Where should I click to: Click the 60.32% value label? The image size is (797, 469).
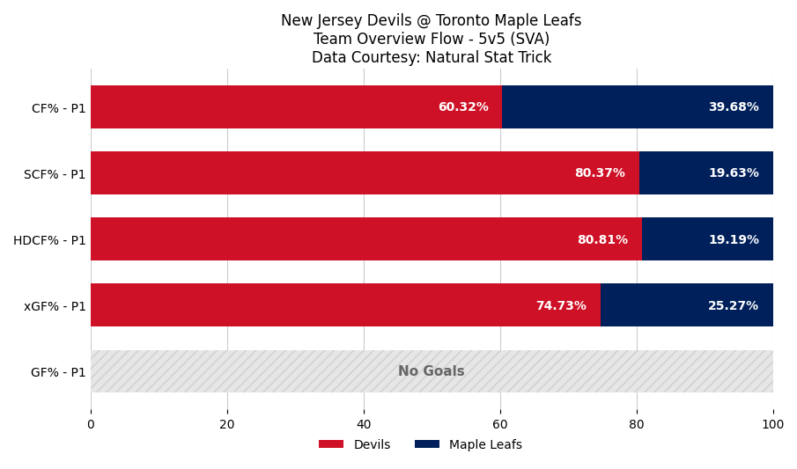(462, 107)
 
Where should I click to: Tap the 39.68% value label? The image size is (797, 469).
(733, 107)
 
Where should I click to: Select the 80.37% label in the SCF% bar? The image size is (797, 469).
(599, 173)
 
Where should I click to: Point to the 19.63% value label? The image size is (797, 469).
(733, 173)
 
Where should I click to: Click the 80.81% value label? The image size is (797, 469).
(601, 240)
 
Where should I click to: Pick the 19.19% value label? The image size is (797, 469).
(733, 240)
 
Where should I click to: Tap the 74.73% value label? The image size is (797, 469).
(560, 306)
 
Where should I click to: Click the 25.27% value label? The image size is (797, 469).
(733, 306)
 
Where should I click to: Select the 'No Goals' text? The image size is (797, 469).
(431, 371)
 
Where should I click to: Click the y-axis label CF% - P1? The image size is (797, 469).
(58, 108)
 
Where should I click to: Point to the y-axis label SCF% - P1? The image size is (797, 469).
(55, 174)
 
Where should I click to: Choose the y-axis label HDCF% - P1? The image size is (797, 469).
(49, 240)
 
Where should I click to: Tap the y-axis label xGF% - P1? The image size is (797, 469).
(55, 306)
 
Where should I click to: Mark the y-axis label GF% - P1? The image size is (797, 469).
(58, 372)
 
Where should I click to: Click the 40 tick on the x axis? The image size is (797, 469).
(364, 424)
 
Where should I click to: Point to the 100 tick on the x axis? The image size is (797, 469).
(772, 424)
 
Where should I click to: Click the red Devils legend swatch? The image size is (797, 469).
(331, 444)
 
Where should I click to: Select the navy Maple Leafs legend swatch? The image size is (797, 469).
(426, 444)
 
